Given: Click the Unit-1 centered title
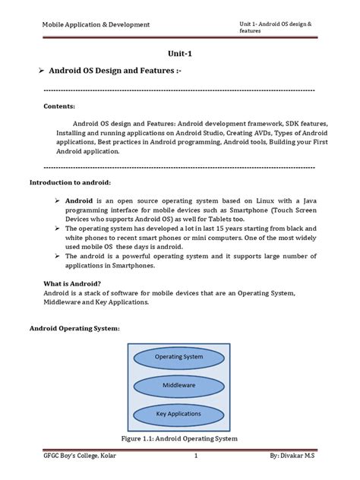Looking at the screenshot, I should pos(180,54).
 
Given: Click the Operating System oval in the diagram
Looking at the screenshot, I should pos(179,356).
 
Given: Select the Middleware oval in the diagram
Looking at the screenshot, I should pos(179,385).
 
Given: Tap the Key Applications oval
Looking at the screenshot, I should pos(179,414).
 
